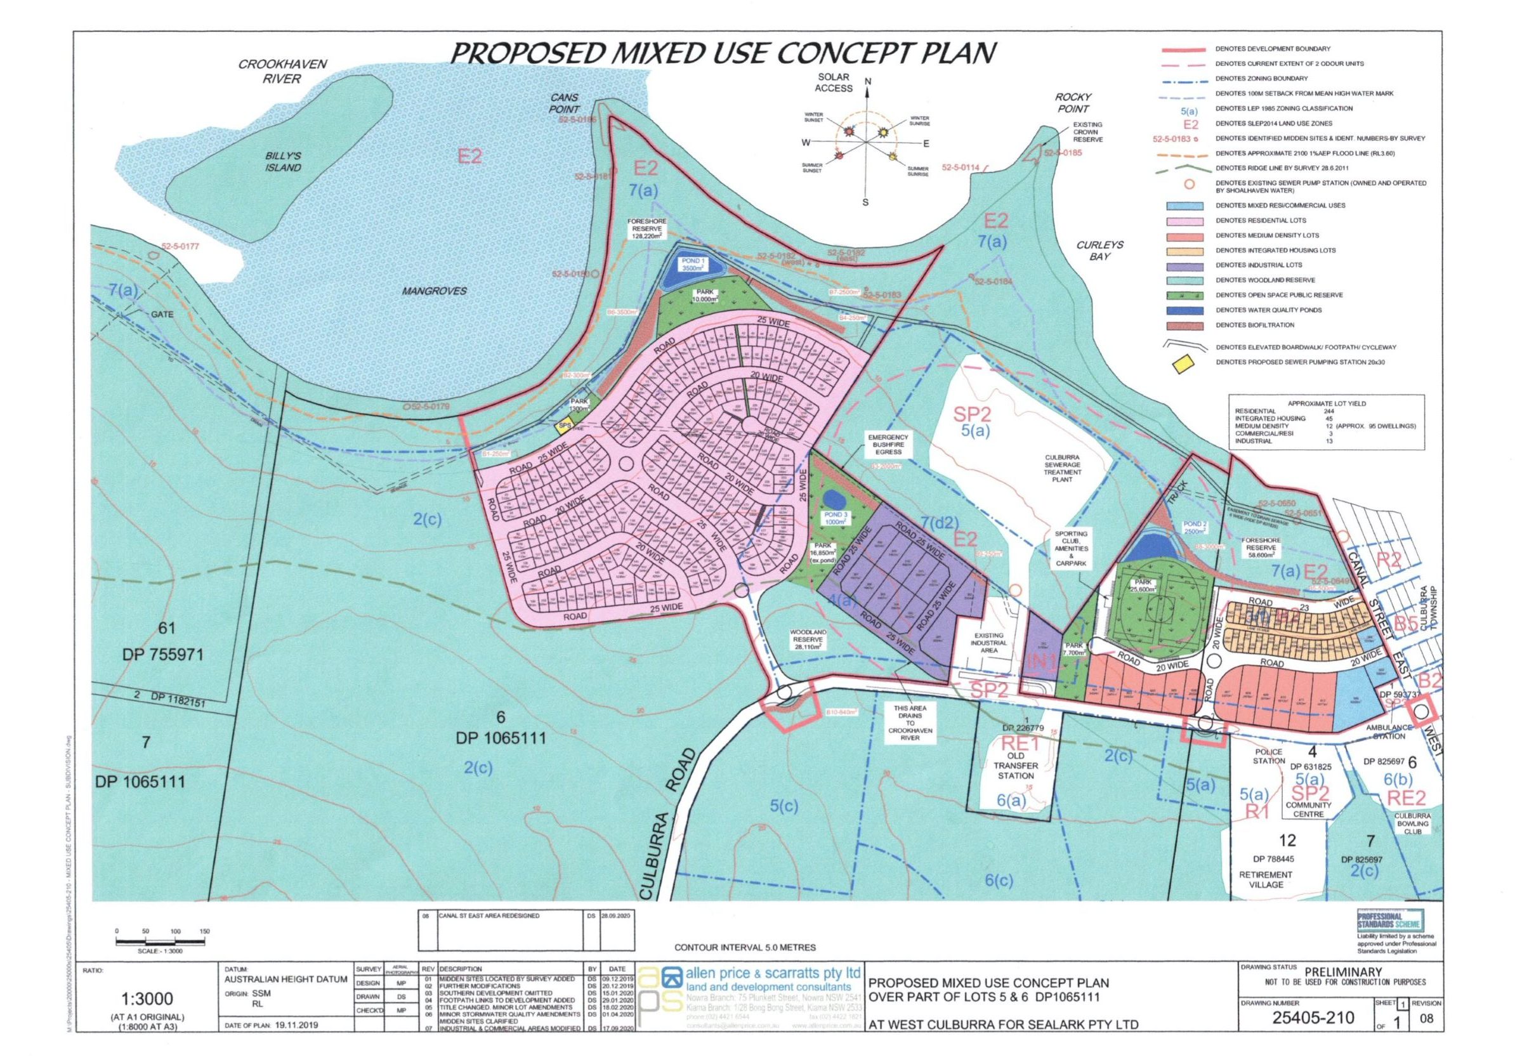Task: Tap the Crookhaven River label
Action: coord(282,72)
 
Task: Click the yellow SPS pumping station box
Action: coord(564,427)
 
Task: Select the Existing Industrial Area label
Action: coord(988,643)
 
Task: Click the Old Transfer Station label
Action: coord(1016,766)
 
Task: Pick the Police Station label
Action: coord(1269,756)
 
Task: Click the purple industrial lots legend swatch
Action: coord(1185,265)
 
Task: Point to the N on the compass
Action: coord(868,82)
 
